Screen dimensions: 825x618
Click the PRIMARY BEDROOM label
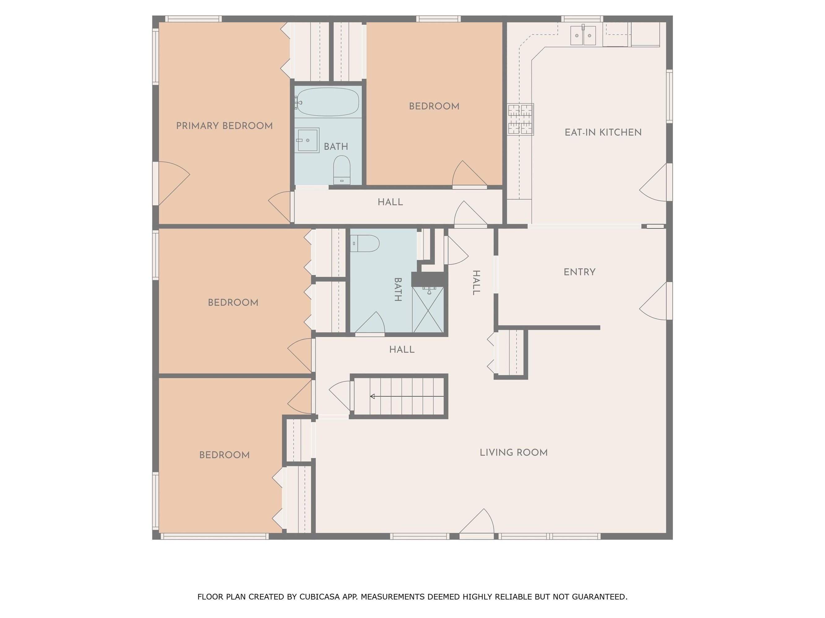[x=224, y=126]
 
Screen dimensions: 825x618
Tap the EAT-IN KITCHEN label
[x=603, y=133]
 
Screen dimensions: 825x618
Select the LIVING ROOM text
[x=514, y=453]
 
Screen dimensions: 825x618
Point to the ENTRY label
[x=580, y=272]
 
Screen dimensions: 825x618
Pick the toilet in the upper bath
[x=342, y=170]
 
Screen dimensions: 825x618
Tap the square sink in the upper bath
[x=307, y=140]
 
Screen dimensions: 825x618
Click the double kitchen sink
[x=583, y=36]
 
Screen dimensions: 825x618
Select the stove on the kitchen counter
[x=520, y=119]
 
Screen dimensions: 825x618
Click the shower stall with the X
[x=428, y=310]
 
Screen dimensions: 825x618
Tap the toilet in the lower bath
[x=365, y=243]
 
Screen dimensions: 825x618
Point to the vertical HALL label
[x=476, y=283]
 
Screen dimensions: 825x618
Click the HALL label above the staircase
[x=402, y=349]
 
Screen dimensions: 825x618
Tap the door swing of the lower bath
[x=369, y=322]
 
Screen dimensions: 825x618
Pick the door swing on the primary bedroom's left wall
[x=174, y=183]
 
